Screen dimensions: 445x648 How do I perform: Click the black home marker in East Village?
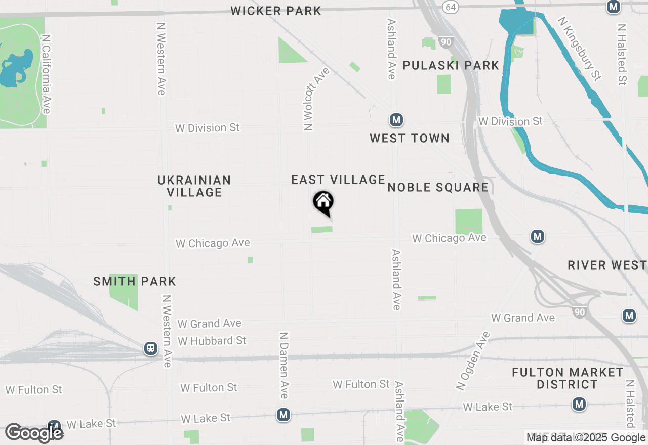pyautogui.click(x=323, y=202)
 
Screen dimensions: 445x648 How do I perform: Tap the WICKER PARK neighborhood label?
pyautogui.click(x=276, y=11)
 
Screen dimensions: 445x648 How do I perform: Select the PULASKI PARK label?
pyautogui.click(x=451, y=65)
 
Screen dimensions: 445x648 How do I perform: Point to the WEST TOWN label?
pyautogui.click(x=410, y=138)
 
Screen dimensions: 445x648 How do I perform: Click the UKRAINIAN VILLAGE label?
pyautogui.click(x=194, y=186)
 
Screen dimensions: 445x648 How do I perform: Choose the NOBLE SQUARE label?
pyautogui.click(x=438, y=188)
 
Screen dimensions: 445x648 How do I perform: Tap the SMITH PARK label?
pyautogui.click(x=135, y=281)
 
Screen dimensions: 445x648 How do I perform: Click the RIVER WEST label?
pyautogui.click(x=607, y=265)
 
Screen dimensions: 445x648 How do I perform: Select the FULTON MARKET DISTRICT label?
pyautogui.click(x=568, y=378)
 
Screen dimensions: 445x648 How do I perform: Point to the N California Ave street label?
pyautogui.click(x=46, y=74)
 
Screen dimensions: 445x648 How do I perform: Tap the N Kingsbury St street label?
pyautogui.click(x=580, y=49)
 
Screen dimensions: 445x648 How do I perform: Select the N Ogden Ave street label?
pyautogui.click(x=474, y=360)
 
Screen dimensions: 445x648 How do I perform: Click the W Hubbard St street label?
pyautogui.click(x=212, y=341)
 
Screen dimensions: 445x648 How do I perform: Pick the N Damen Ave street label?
pyautogui.click(x=285, y=365)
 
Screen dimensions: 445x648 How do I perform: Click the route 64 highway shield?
pyautogui.click(x=450, y=7)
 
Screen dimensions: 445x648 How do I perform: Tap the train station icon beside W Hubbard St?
pyautogui.click(x=151, y=348)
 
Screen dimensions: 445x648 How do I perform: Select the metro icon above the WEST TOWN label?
pyautogui.click(x=396, y=120)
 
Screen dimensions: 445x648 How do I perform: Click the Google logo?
pyautogui.click(x=34, y=433)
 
